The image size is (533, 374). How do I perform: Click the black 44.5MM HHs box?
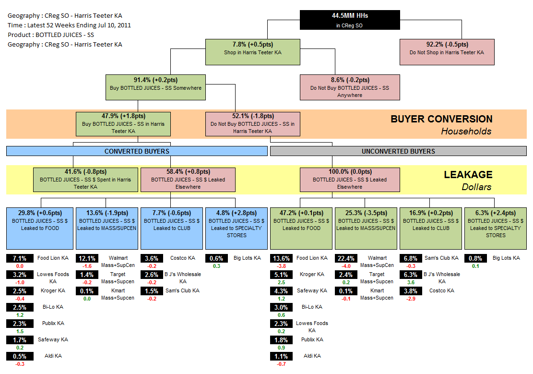tap(350, 20)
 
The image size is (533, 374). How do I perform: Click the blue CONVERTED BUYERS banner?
tap(137, 151)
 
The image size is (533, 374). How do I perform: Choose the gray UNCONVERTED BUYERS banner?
tap(398, 151)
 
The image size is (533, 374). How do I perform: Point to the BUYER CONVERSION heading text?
tap(441, 119)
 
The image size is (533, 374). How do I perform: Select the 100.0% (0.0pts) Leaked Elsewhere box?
tap(350, 179)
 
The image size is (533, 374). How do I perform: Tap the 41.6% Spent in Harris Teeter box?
tap(85, 179)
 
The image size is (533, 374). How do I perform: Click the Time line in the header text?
tap(69, 25)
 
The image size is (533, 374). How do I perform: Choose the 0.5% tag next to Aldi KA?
tap(20, 356)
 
